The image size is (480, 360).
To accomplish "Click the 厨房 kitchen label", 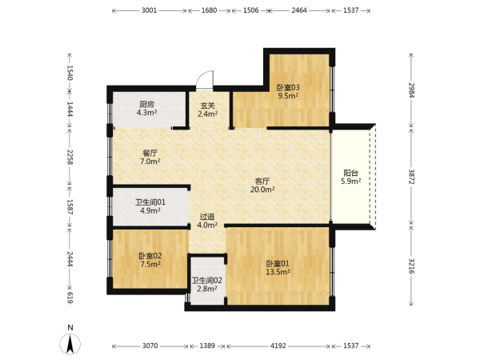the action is pyautogui.click(x=147, y=104).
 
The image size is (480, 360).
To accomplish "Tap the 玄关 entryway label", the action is pyautogui.click(x=207, y=106).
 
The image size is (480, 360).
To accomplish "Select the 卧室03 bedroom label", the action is pyautogui.click(x=288, y=87).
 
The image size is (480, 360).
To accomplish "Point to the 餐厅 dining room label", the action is pyautogui.click(x=150, y=153).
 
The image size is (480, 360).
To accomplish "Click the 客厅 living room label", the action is pyautogui.click(x=262, y=181).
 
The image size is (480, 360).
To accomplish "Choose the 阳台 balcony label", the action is pyautogui.click(x=351, y=173).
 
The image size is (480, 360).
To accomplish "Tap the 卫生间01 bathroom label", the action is pyautogui.click(x=150, y=202).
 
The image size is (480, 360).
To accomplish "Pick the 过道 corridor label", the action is pyautogui.click(x=207, y=217).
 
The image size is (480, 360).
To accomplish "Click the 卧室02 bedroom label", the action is pyautogui.click(x=150, y=256).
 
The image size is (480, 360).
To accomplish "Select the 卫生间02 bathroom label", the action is pyautogui.click(x=207, y=281).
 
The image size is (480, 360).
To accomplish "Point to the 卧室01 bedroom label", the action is pyautogui.click(x=278, y=263).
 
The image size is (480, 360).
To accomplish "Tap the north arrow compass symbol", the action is pyautogui.click(x=70, y=343).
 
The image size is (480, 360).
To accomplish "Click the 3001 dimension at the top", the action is pyautogui.click(x=149, y=10).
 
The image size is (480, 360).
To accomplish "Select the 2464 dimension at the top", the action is pyautogui.click(x=299, y=10).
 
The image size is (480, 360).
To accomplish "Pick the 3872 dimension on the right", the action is pyautogui.click(x=411, y=177).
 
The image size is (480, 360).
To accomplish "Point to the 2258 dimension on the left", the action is pyautogui.click(x=70, y=157).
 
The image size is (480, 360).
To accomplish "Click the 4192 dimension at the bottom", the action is pyautogui.click(x=278, y=346).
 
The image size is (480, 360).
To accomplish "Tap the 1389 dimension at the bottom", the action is pyautogui.click(x=207, y=346).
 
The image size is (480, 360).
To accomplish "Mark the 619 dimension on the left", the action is pyautogui.click(x=70, y=298).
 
